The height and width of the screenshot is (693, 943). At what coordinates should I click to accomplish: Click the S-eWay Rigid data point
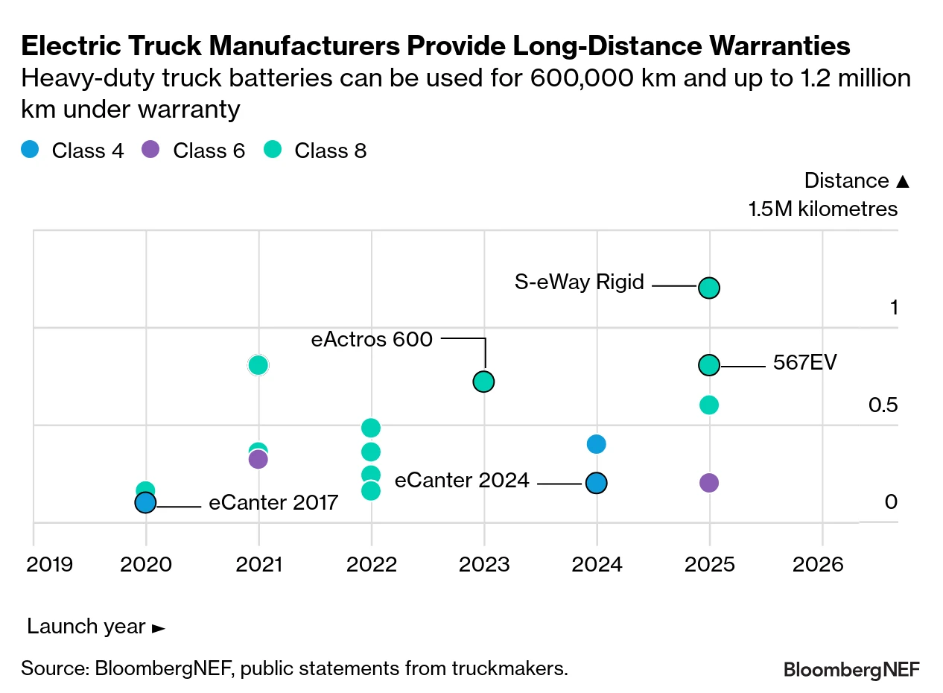point(709,288)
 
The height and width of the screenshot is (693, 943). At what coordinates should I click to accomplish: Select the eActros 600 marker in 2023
point(484,382)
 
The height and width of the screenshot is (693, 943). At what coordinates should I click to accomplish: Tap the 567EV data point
point(709,364)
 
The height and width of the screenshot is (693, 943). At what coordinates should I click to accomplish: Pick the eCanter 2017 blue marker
point(145,503)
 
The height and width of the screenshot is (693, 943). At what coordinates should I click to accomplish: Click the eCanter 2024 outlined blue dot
point(596,483)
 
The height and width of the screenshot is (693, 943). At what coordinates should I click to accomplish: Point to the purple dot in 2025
point(709,482)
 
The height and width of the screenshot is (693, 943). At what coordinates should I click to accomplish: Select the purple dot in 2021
point(258,459)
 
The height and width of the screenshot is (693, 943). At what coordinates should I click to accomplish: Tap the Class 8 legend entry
point(316,151)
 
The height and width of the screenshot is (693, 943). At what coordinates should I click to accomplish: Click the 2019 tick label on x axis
point(50,563)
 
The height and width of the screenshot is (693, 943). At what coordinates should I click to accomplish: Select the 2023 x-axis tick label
point(484,563)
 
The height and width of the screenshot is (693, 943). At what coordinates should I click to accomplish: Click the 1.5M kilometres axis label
point(823,209)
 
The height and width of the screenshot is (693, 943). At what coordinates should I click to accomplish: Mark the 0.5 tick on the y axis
point(883,405)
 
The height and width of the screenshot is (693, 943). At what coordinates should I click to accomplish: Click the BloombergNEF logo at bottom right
point(851,669)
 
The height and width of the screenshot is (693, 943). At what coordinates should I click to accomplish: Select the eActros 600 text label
point(372,340)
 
